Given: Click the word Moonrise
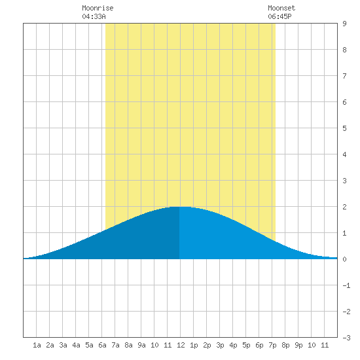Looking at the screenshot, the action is [x=98, y=8].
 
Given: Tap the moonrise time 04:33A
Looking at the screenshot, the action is [x=94, y=16].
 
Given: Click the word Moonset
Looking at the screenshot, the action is [x=281, y=8].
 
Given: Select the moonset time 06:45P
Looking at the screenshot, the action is [x=279, y=16].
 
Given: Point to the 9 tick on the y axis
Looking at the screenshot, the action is [x=344, y=24].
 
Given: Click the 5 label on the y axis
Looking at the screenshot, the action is [x=344, y=128].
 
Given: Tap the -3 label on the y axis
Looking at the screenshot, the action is [x=346, y=338].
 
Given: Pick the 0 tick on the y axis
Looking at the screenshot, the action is [x=344, y=259].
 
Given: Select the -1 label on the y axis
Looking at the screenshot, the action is [x=346, y=285].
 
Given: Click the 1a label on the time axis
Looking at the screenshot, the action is [x=37, y=345].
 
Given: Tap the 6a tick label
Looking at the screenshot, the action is [x=102, y=345].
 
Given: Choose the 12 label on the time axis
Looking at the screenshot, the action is [x=181, y=345].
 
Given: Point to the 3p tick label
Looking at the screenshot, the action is [x=220, y=345].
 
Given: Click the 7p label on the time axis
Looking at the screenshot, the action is [x=272, y=345].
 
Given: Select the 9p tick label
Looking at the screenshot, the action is [x=298, y=345].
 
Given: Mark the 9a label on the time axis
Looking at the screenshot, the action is [x=141, y=345].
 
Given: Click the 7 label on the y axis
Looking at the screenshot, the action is [x=344, y=76].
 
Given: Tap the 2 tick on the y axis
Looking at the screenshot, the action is [x=344, y=207].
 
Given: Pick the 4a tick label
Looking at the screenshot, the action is [x=76, y=345].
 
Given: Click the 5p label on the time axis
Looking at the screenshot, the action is [x=246, y=345].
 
